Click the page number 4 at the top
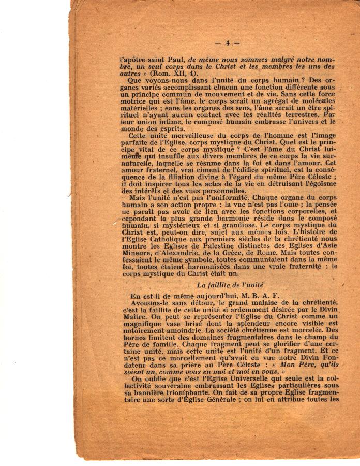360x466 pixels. click(227, 43)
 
